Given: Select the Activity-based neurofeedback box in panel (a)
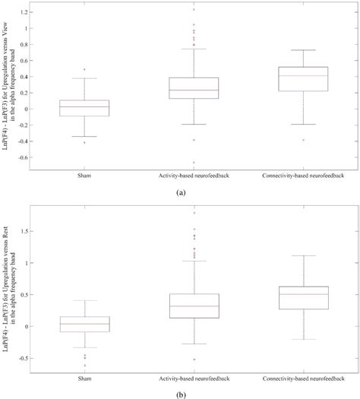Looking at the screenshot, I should click(194, 88).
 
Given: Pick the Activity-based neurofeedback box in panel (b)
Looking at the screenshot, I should click(194, 296).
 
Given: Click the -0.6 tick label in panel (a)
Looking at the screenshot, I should click(27, 157).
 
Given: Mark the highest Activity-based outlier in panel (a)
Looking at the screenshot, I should click(194, 10).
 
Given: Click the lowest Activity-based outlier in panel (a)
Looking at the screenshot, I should click(194, 162).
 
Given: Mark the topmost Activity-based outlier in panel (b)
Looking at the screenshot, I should click(194, 214).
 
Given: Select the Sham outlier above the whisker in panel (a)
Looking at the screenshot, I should click(85, 69).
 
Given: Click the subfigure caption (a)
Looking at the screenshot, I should click(180, 193).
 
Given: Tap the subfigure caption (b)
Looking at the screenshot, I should click(180, 393).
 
